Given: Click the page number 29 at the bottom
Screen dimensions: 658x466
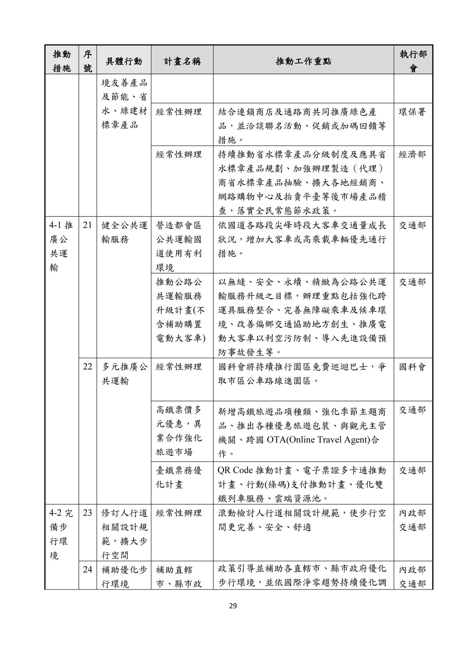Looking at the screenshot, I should [233, 605].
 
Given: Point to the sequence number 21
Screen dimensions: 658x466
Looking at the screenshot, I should [87, 225].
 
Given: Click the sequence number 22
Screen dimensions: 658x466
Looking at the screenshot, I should [87, 367].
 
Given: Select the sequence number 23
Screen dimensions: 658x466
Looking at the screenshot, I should [87, 513].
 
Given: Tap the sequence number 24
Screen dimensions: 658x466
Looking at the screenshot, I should [87, 569].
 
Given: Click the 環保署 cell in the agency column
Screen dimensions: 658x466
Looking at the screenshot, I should [412, 112].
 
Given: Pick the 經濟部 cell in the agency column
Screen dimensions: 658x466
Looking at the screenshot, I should [412, 155].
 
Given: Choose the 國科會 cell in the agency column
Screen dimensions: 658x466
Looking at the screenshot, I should [412, 367].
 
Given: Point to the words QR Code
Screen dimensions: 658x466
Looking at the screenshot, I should [235, 470].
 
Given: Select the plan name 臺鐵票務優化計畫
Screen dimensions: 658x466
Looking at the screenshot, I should [179, 477].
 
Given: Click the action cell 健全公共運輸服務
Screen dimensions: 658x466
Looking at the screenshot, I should [124, 232].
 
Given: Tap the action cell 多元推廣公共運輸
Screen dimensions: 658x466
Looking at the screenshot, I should [124, 374].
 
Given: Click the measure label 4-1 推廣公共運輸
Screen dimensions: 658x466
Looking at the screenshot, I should [61, 246].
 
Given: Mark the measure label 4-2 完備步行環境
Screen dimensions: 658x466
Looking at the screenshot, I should [61, 534].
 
